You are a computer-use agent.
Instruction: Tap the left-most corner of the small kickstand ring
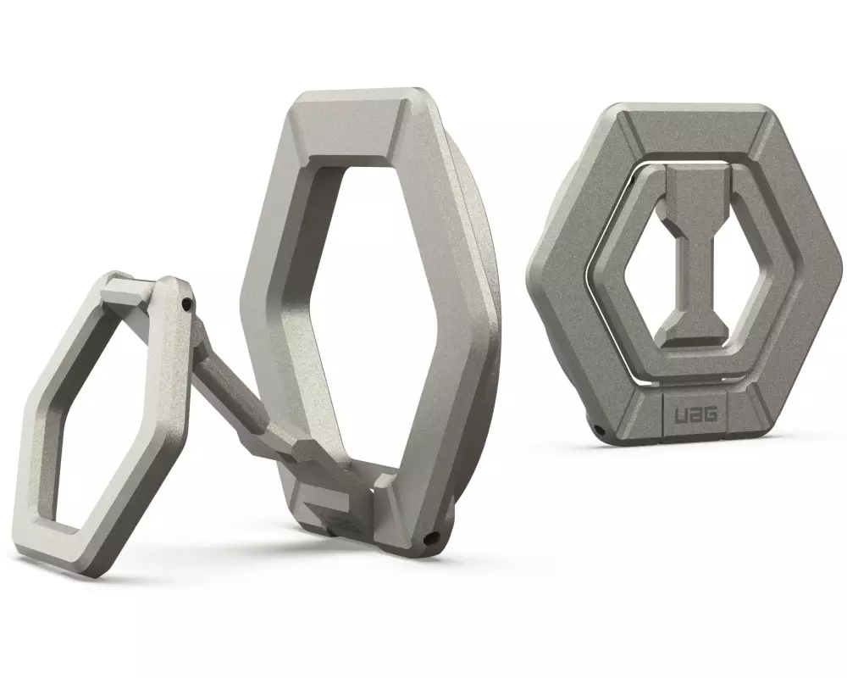click(19, 462)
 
